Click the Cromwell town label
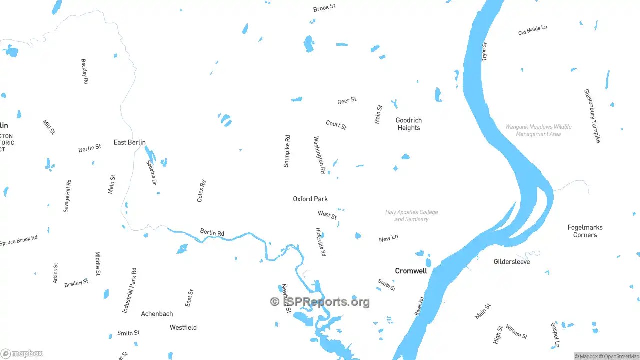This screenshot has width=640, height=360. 411,271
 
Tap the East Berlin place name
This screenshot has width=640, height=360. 129,142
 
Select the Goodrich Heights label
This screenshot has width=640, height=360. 409,124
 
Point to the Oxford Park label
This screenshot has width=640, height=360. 310,199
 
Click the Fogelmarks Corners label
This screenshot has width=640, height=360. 585,231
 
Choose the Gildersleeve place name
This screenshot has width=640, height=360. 512,262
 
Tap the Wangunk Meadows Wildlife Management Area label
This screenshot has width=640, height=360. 538,130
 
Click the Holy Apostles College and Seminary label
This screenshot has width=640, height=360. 411,216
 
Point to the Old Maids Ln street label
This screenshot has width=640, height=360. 532,30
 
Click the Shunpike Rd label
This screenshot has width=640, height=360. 287,151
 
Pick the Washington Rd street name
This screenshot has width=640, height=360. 319,155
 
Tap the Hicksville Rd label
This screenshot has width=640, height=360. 321,242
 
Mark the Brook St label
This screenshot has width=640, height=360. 324,8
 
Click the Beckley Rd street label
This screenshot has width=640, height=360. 85,71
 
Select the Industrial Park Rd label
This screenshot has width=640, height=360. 129,290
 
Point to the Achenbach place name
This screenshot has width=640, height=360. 157,314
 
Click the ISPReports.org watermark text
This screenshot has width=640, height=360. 320,302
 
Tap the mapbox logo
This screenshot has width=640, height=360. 22,354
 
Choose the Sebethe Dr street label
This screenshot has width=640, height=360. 151,172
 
